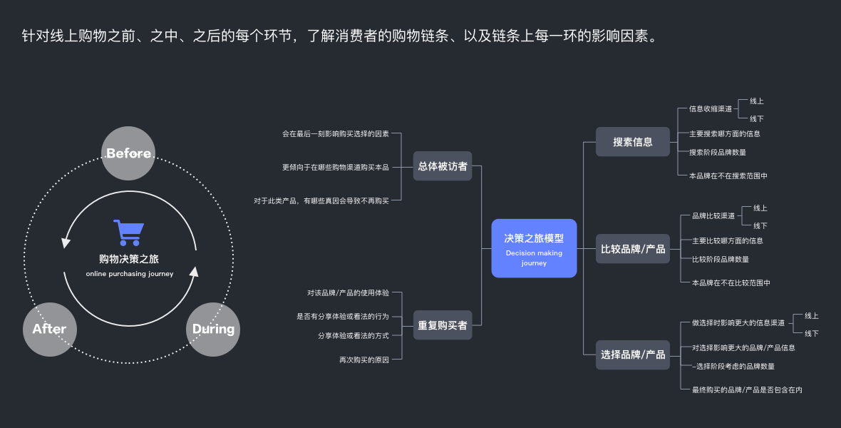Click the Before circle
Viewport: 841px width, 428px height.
coord(128,153)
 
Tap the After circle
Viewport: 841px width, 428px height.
coord(50,329)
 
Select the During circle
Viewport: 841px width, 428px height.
coord(213,329)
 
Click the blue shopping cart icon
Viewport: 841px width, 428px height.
coord(128,233)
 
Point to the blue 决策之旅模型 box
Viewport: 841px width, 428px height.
coord(534,248)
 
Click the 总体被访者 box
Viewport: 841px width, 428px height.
coord(443,166)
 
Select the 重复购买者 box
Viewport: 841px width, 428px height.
coord(443,325)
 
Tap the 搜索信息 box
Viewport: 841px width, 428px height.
coord(633,142)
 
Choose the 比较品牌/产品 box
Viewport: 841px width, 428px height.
coord(633,249)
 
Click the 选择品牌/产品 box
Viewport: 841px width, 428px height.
coord(633,355)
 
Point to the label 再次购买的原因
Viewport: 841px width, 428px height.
coord(364,360)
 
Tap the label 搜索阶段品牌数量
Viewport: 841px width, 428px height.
coord(718,152)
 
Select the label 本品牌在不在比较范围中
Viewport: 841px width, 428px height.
coord(731,283)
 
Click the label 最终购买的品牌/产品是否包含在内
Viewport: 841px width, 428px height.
coord(747,390)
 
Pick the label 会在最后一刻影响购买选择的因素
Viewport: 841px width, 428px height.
coord(336,133)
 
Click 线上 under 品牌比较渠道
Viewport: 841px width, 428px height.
coord(760,208)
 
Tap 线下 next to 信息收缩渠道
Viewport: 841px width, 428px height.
coord(757,119)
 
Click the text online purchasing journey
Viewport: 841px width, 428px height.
coord(129,274)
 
